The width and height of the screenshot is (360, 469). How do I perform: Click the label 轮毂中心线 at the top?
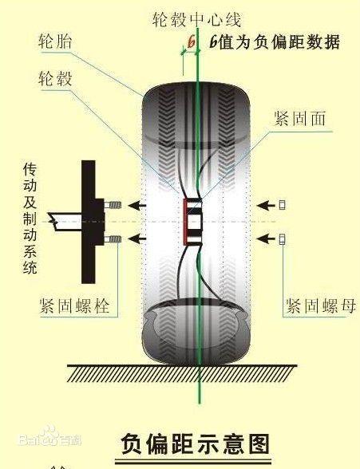(196, 20)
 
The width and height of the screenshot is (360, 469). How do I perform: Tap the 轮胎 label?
(56, 41)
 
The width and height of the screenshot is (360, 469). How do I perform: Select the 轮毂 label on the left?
(56, 78)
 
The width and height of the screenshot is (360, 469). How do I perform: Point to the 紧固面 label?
(300, 118)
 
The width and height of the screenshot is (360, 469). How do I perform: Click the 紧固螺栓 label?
(75, 305)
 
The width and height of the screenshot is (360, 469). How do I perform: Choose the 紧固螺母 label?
(321, 305)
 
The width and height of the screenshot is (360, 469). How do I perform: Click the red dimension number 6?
(191, 41)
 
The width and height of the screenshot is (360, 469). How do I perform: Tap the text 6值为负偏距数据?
(275, 41)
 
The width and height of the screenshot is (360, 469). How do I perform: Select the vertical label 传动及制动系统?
(30, 218)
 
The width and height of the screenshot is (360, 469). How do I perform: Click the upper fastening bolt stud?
(113, 205)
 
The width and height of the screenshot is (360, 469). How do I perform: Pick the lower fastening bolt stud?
(113, 239)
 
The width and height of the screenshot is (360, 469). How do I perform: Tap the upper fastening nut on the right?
(282, 205)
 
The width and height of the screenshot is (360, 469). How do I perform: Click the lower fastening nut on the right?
(282, 239)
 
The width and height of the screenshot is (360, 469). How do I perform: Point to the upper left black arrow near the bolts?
(137, 205)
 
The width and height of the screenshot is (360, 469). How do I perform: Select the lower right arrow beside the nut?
(266, 239)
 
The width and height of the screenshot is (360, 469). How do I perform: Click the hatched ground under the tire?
(182, 373)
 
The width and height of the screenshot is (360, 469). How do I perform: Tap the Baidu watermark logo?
(50, 437)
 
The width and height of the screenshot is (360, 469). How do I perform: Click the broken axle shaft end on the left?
(65, 222)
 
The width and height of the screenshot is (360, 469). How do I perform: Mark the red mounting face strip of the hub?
(185, 222)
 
